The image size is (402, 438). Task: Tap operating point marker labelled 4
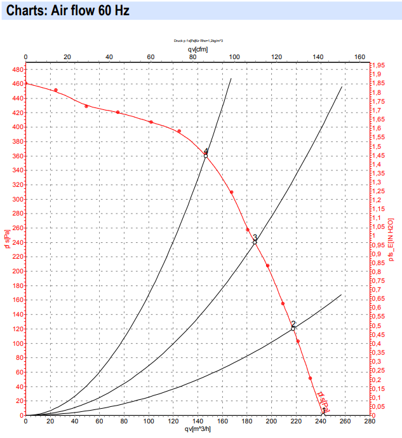point(206,155)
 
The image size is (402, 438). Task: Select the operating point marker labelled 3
point(255,242)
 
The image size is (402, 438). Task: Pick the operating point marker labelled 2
point(293,328)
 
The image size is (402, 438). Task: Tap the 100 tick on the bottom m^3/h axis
point(149,421)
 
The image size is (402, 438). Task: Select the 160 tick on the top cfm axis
point(359,57)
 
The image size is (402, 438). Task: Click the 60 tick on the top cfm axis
point(151,57)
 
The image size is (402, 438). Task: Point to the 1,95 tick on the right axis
point(379,65)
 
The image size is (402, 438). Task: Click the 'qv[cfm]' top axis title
point(198,48)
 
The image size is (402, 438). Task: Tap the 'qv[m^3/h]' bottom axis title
point(198,429)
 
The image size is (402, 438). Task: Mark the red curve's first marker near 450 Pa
point(56,90)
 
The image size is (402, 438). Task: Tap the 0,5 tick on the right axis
point(379,326)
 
